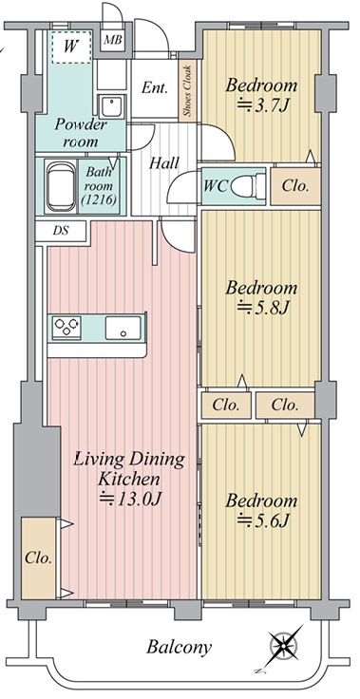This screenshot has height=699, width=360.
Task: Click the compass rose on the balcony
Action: (x=285, y=645)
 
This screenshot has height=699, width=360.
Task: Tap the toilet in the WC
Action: (x=249, y=185)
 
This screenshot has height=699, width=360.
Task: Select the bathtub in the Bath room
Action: (x=61, y=186)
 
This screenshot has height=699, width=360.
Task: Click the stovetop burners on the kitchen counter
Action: (x=66, y=328)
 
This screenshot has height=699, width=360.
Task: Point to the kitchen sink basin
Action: (x=123, y=328)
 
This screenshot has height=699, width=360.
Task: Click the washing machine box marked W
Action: (x=71, y=47)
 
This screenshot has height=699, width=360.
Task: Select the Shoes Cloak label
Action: (x=188, y=91)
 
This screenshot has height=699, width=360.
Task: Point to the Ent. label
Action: (x=155, y=87)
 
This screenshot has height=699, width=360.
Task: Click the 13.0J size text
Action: (x=130, y=500)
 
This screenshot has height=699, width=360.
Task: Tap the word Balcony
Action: (x=179, y=647)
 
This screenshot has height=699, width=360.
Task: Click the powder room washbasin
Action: (x=111, y=106)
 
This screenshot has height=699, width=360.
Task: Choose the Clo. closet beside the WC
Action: (x=295, y=186)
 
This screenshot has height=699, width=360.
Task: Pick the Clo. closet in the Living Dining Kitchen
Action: (x=38, y=557)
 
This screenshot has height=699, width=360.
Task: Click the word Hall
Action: (x=164, y=163)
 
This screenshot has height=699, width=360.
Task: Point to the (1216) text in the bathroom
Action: (x=99, y=199)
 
